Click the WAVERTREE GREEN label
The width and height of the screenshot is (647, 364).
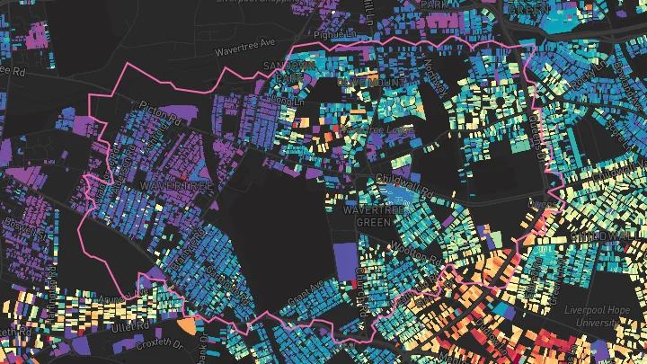coord(368,217)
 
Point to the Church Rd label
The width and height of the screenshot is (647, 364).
coord(362,286)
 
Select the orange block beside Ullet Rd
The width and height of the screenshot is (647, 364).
coord(185,324)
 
